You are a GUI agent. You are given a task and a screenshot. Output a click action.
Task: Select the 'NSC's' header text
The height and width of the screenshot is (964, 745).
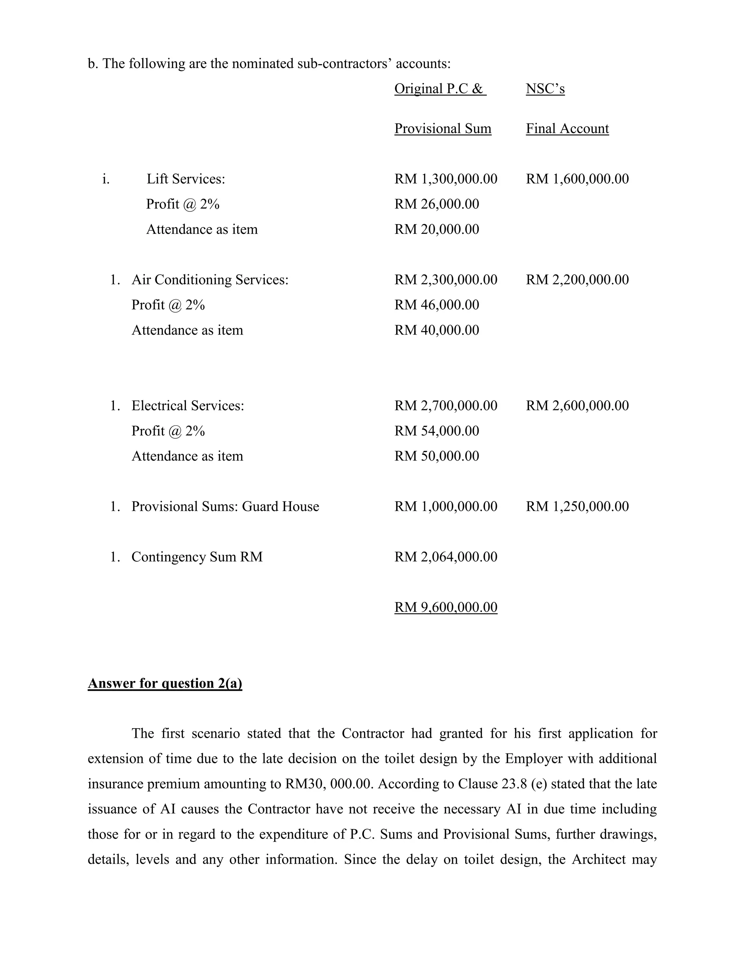[545, 89]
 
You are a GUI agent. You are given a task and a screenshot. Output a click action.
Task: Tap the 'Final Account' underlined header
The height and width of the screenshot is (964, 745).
[567, 128]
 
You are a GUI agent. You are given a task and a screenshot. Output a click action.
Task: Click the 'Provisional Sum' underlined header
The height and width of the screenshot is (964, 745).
[443, 128]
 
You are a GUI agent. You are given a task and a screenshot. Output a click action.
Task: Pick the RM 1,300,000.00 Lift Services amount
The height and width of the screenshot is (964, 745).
[446, 179]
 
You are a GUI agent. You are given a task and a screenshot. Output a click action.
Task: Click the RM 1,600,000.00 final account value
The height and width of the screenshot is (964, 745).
[577, 179]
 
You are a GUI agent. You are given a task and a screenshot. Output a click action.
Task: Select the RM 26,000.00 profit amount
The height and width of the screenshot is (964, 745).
[437, 204]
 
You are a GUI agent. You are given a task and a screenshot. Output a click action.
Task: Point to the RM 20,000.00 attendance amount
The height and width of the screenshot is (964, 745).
[437, 229]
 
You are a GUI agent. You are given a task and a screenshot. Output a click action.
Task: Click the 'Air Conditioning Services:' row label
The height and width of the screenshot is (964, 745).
[210, 279]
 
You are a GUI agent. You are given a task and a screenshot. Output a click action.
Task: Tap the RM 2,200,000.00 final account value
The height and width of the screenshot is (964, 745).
[577, 279]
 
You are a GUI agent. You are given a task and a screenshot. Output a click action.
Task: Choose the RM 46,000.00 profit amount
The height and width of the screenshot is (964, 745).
[437, 304]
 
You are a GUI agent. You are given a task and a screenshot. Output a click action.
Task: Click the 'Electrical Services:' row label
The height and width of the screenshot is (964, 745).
[188, 405]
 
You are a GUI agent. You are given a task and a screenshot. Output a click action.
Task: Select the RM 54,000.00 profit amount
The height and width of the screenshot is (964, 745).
[437, 430]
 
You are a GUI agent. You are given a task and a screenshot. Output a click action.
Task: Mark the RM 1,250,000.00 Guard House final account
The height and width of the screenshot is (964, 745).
[577, 506]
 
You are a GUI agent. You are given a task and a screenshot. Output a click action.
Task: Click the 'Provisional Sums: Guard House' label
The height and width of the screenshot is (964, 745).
[225, 506]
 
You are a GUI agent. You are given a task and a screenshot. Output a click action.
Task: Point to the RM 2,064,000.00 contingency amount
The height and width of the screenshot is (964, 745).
[446, 557]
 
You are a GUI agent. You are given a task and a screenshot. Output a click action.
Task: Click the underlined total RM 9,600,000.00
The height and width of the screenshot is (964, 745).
[446, 607]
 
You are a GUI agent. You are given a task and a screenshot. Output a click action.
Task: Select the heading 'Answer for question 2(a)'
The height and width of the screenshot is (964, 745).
[165, 683]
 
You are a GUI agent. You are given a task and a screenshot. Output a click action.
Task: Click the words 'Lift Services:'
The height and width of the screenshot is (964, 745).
[186, 179]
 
